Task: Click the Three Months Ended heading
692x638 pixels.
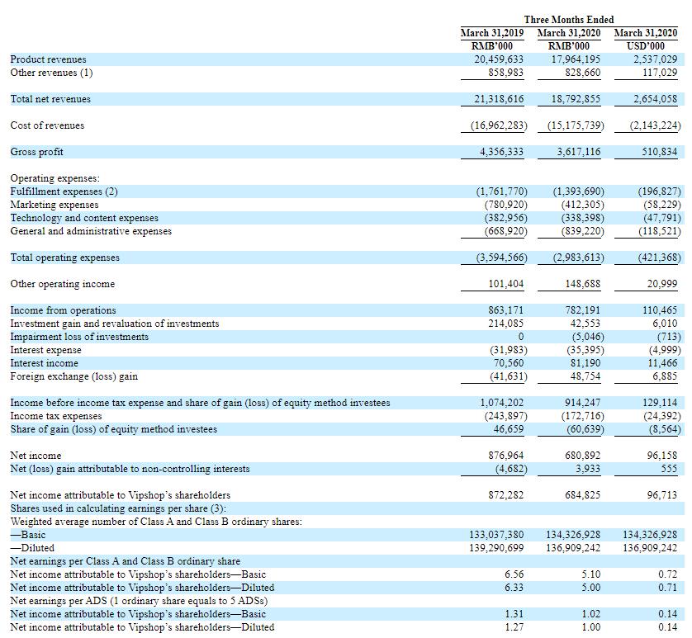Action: (569, 20)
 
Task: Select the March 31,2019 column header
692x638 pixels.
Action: (492, 33)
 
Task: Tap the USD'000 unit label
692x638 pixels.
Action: (646, 46)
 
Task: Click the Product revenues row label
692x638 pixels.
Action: (48, 59)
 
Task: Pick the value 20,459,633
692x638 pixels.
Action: (499, 59)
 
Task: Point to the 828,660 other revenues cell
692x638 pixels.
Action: (582, 73)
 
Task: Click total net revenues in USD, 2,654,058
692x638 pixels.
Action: (655, 99)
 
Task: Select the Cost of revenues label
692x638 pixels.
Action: (47, 125)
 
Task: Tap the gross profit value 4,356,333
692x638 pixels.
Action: (501, 152)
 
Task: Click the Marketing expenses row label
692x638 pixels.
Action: (55, 205)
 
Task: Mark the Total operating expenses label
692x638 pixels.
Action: (65, 258)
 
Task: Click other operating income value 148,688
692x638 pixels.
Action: (582, 284)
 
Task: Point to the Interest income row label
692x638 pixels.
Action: (44, 363)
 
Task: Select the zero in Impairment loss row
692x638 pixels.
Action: (521, 337)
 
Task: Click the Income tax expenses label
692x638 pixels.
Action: (56, 416)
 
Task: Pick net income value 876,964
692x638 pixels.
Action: (505, 456)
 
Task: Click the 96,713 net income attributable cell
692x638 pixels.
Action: (662, 495)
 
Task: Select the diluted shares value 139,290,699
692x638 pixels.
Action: (496, 548)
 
